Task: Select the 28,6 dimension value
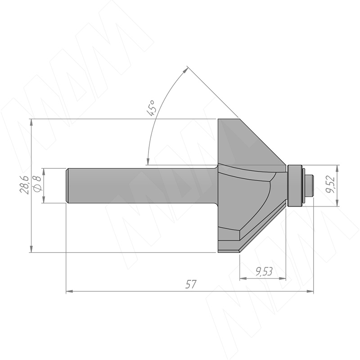click(24, 185)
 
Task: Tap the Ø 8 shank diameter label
click(37, 183)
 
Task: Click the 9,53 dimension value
click(264, 272)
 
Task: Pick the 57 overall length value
click(191, 284)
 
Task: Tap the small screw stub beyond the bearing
click(310, 185)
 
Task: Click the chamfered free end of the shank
click(67, 186)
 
